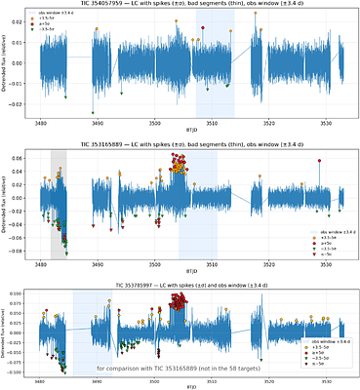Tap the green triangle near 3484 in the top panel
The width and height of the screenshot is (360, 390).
point(65,97)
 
